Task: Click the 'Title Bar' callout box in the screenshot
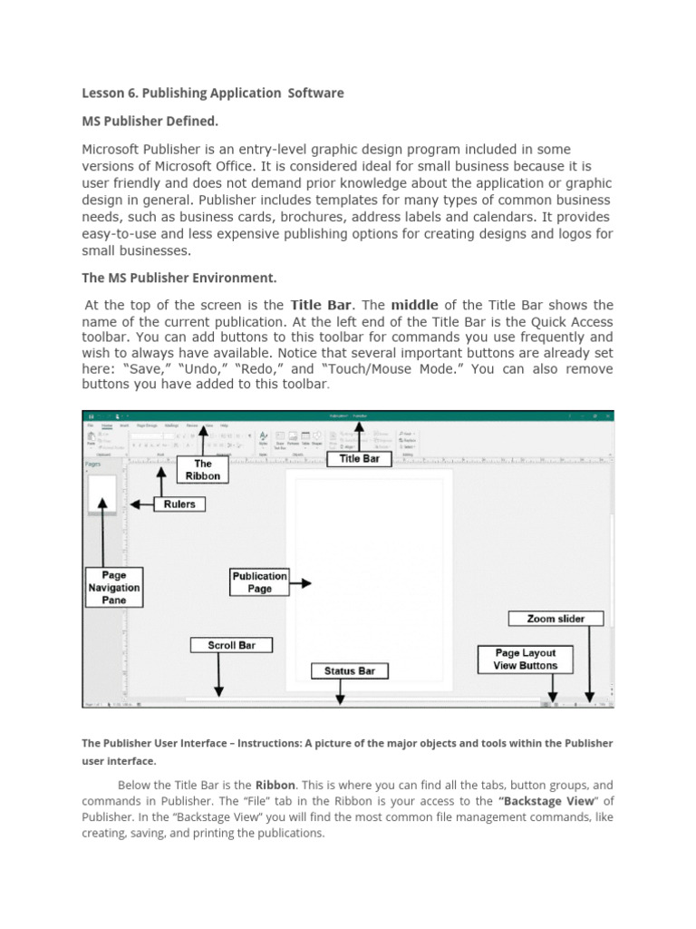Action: pyautogui.click(x=360, y=459)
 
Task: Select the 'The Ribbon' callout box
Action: pyautogui.click(x=203, y=469)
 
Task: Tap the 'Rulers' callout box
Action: pyautogui.click(x=179, y=504)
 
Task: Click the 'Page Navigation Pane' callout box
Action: pyautogui.click(x=114, y=587)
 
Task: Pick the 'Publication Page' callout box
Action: pyautogui.click(x=259, y=582)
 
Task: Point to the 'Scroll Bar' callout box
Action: pyautogui.click(x=230, y=645)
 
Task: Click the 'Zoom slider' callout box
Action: pyautogui.click(x=556, y=619)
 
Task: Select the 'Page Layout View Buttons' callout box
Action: pyautogui.click(x=526, y=659)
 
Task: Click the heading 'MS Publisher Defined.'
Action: pyautogui.click(x=150, y=121)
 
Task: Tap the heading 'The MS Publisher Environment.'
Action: pyautogui.click(x=179, y=277)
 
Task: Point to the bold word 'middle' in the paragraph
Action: pyautogui.click(x=414, y=305)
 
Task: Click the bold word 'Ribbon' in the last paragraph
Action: pyautogui.click(x=275, y=785)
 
